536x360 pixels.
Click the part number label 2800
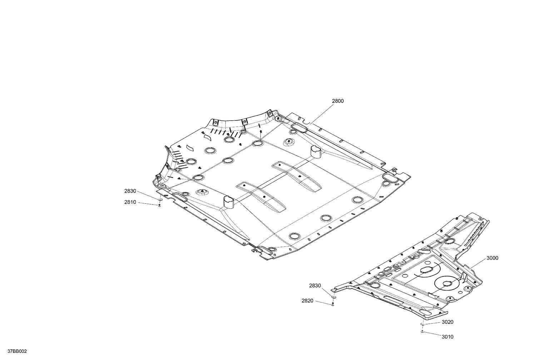tap(337, 101)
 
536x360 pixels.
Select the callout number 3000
tap(492, 258)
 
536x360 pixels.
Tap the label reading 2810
tap(130, 202)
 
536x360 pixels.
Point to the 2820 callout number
tap(307, 301)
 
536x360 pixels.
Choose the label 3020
tap(447, 322)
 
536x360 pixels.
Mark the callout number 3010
tap(447, 337)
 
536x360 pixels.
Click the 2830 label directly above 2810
tap(130, 191)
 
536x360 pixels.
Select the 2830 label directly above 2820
tap(315, 286)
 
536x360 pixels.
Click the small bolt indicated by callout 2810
tap(159, 205)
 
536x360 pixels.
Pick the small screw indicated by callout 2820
tap(333, 304)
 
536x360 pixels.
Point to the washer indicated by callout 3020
tap(422, 324)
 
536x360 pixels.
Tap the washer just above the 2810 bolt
tap(160, 199)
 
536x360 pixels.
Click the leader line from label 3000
tap(479, 264)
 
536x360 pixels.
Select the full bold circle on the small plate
tap(447, 283)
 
